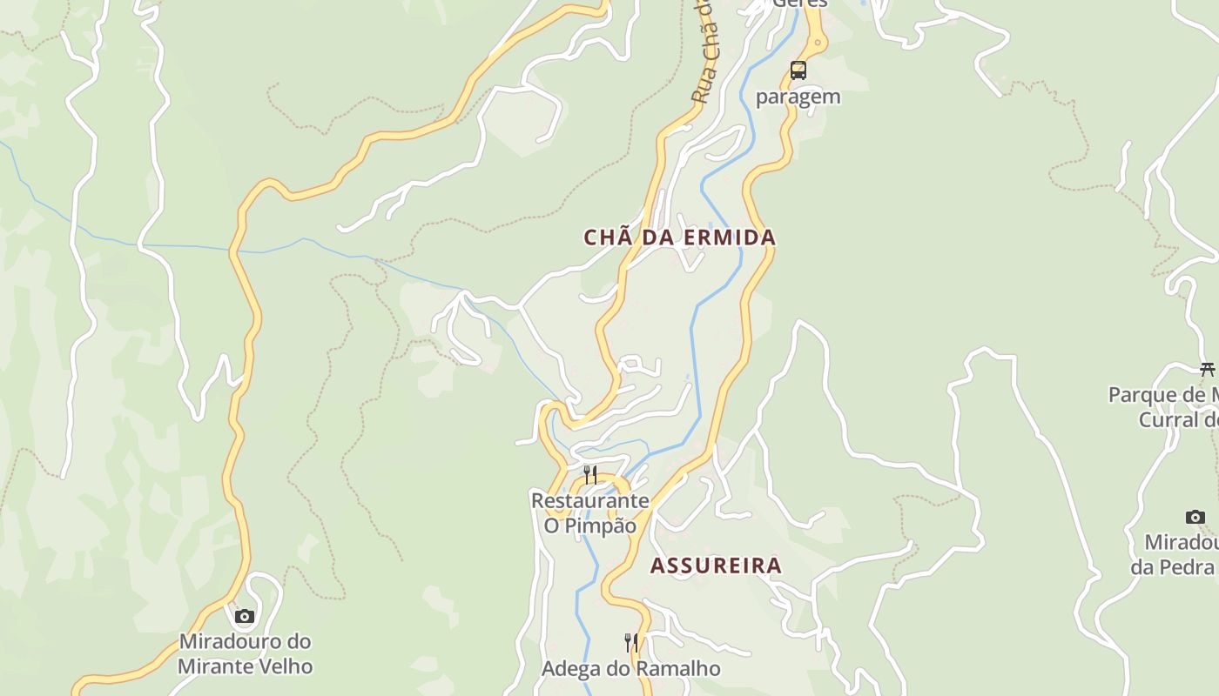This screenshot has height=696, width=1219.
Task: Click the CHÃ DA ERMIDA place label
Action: pyautogui.click(x=679, y=238)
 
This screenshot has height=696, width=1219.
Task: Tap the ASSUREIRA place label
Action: pyautogui.click(x=716, y=565)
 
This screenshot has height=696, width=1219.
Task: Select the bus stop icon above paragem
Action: pyautogui.click(x=798, y=70)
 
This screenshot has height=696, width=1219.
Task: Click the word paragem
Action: pyautogui.click(x=798, y=97)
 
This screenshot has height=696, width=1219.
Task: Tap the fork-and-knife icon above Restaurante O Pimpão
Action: pyautogui.click(x=590, y=475)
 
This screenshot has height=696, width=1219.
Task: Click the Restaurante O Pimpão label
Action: pyautogui.click(x=590, y=513)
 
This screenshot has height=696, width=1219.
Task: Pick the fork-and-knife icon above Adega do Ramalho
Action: pyautogui.click(x=631, y=643)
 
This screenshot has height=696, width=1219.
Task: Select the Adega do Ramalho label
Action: pyautogui.click(x=631, y=669)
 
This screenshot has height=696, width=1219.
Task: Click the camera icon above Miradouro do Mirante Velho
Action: pyautogui.click(x=245, y=617)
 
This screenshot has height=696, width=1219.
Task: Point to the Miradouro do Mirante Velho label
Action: pyautogui.click(x=245, y=654)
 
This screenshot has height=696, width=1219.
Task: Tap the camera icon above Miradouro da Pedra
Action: pyautogui.click(x=1195, y=517)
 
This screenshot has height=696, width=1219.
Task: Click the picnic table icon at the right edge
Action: pyautogui.click(x=1207, y=369)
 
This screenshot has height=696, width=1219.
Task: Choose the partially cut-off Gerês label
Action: pyautogui.click(x=799, y=3)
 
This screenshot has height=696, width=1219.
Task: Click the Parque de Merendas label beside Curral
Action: pyautogui.click(x=1163, y=407)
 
